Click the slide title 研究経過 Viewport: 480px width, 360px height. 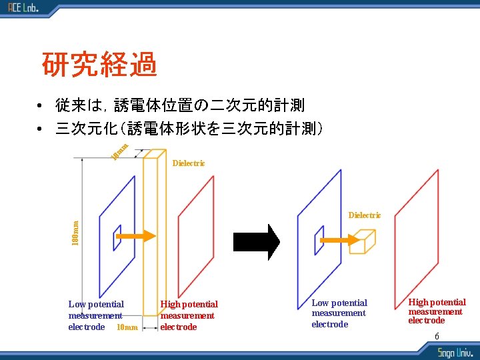click(99, 65)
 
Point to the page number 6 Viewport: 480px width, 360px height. click(437, 336)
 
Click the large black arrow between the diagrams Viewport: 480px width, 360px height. click(268, 241)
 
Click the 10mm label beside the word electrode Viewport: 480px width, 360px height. click(127, 327)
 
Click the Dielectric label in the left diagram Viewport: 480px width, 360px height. click(189, 163)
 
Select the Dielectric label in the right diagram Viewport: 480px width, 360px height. click(365, 215)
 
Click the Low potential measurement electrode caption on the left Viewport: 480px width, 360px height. click(95, 315)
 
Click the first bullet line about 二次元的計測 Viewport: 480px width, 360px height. click(180, 105)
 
